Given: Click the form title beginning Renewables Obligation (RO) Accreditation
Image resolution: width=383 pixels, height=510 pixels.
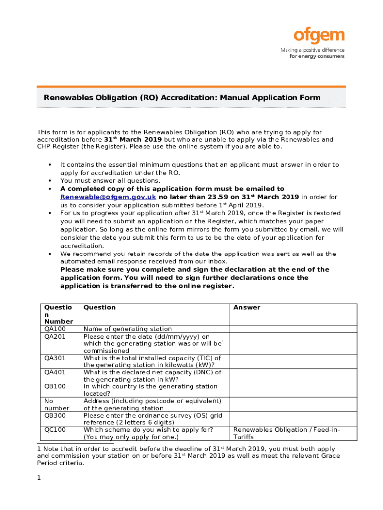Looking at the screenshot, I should click(182, 98).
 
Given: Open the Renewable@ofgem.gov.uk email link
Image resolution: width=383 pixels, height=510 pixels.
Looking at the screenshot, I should click(108, 197).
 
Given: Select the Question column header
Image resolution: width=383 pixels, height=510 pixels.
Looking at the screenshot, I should click(99, 308).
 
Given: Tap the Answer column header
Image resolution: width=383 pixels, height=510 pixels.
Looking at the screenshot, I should click(247, 308).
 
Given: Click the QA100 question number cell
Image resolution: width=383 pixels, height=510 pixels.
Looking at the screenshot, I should click(55, 329).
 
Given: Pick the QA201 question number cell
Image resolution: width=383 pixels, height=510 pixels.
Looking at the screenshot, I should click(55, 336).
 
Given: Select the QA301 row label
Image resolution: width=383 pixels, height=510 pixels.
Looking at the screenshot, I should click(55, 358).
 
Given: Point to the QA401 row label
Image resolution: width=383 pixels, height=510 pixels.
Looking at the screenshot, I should click(55, 372).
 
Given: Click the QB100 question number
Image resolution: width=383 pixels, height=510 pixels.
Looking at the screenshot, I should click(55, 386).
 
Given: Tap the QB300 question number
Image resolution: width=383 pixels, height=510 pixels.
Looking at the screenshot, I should click(55, 415).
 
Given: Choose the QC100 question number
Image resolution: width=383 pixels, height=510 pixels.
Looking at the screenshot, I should click(55, 430).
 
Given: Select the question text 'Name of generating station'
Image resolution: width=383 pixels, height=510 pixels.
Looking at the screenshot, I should click(127, 329).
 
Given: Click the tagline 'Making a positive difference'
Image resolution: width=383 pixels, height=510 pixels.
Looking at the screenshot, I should click(312, 50).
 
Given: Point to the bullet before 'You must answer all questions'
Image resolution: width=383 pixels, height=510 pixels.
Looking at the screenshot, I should click(49, 181).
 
